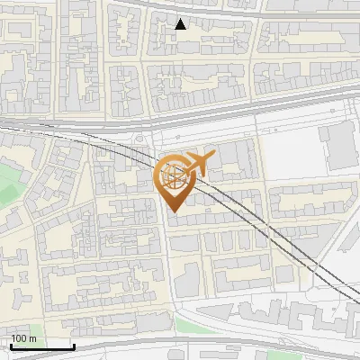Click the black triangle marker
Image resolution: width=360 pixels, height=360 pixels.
(x=181, y=24)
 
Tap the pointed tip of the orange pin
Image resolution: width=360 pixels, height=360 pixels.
(x=173, y=212)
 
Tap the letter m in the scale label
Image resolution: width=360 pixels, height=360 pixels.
(x=33, y=338)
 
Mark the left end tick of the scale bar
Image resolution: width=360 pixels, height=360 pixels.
(x=10, y=346)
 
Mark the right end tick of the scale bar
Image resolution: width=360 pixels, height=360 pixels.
(x=74, y=346)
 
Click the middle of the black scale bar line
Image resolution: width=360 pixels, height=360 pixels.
(x=41, y=346)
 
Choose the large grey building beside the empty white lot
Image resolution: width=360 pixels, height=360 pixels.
(x=338, y=147)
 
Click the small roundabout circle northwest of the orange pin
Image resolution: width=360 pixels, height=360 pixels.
(x=140, y=139)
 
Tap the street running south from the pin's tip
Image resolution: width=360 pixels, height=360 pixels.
(x=167, y=270)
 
